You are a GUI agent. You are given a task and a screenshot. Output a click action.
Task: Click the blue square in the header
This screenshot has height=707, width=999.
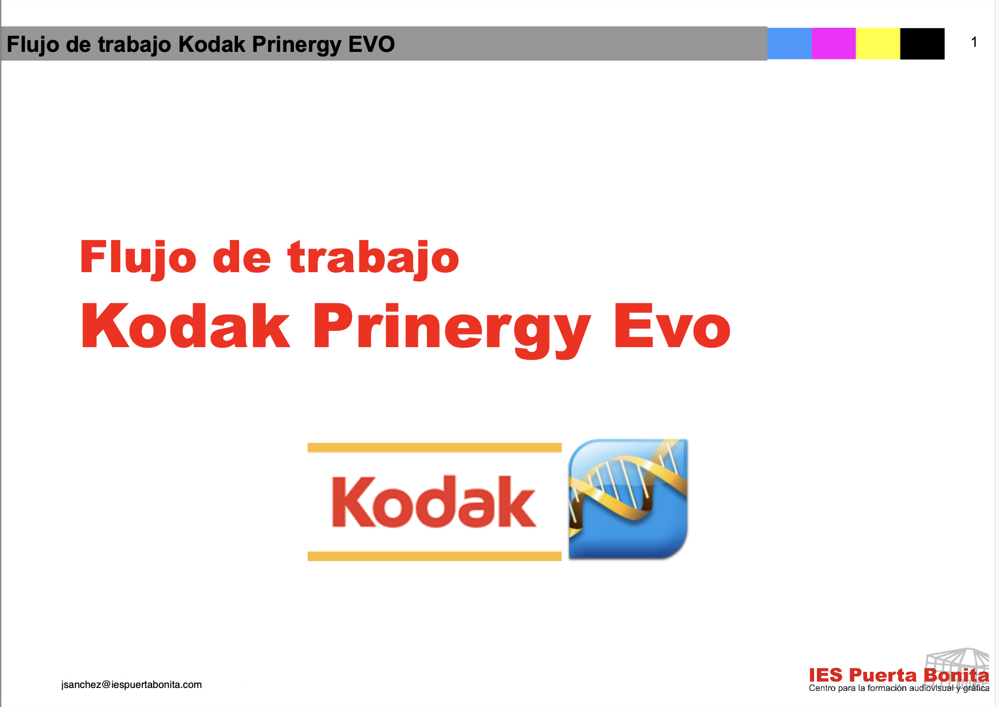coord(789,43)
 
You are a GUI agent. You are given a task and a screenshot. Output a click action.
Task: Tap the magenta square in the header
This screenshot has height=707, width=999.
coord(834,43)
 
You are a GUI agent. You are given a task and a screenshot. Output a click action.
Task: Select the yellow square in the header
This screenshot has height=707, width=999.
coord(878,43)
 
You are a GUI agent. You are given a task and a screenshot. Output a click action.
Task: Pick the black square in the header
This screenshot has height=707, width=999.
coord(922,43)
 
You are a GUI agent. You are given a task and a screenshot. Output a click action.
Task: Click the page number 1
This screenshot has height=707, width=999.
coord(974,42)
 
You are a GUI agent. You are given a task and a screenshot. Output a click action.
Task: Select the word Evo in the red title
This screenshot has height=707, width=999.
coord(672,326)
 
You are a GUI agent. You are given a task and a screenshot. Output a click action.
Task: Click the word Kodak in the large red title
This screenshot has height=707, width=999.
coord(186,326)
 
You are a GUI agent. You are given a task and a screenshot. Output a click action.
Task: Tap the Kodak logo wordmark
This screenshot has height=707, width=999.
coord(434,502)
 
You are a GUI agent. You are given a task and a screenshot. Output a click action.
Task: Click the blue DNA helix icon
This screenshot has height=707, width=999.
coord(628,499)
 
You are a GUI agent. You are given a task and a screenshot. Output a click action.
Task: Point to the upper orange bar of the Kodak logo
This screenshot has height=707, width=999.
coord(434,447)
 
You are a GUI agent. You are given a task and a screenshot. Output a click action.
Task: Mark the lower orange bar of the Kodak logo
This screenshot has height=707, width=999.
coord(434,556)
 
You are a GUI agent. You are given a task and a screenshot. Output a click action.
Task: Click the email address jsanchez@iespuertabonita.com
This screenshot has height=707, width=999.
coord(131,685)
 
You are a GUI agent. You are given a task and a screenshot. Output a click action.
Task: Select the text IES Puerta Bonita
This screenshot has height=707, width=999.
coord(899,675)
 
